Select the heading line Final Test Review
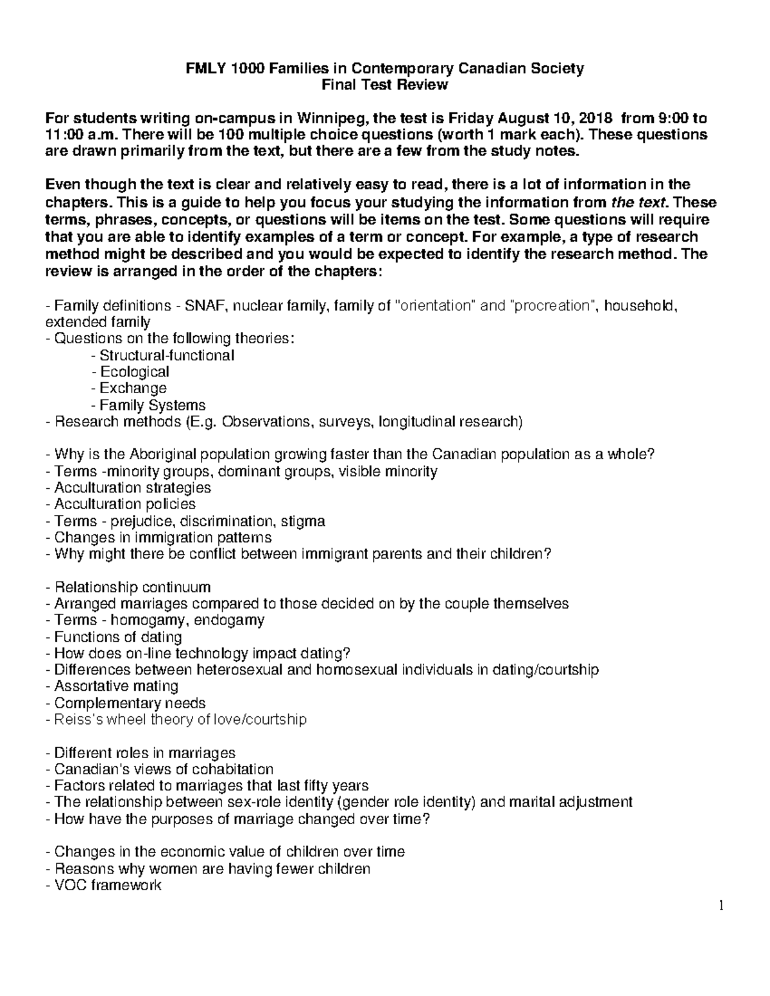coord(384,85)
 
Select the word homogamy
coord(148,621)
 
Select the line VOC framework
coord(107,886)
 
